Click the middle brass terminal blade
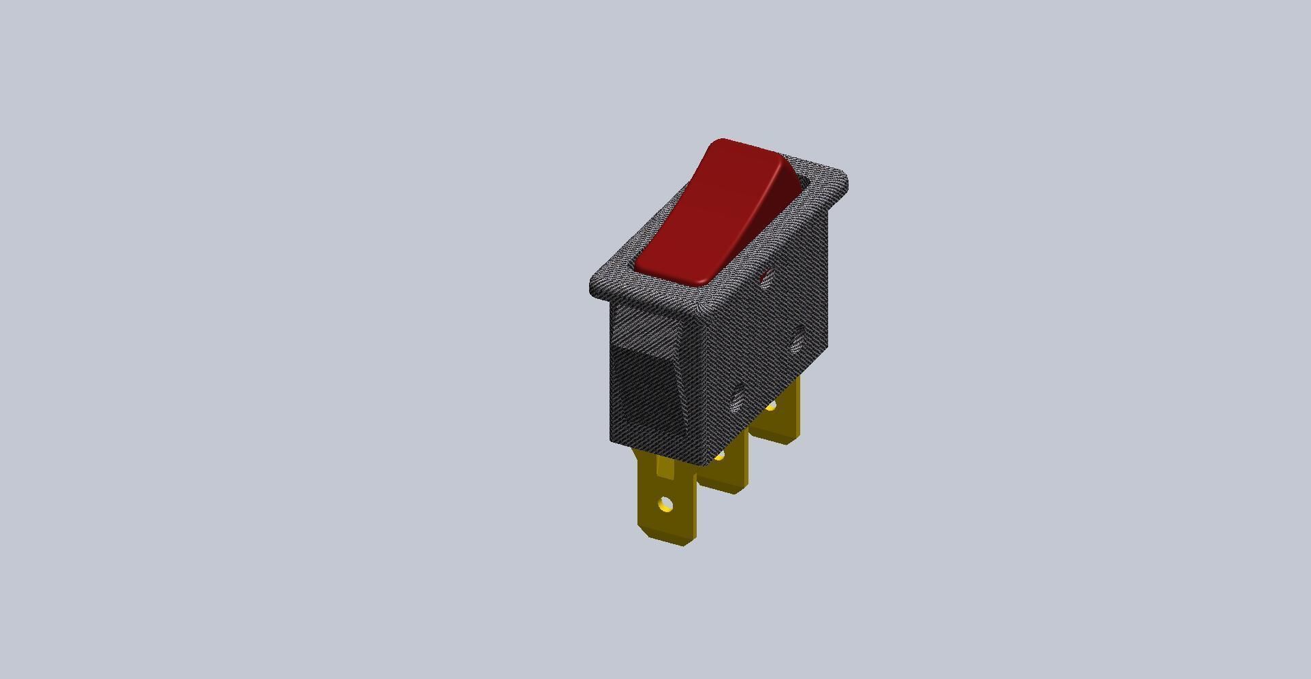(x=725, y=470)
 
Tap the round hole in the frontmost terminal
(x=666, y=505)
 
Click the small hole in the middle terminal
(x=718, y=456)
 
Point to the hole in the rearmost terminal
(x=771, y=407)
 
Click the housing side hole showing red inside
(x=765, y=278)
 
